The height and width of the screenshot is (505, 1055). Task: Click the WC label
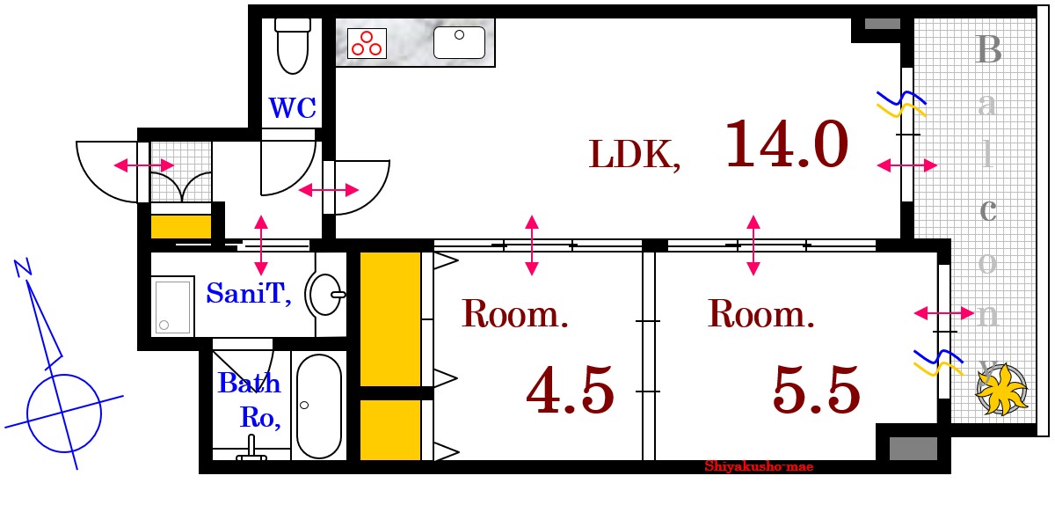292,108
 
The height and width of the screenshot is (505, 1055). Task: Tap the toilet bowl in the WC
293,47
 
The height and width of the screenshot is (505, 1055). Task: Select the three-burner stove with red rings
367,43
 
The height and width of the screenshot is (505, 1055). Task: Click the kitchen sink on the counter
459,42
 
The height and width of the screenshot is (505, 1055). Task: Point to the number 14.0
787,143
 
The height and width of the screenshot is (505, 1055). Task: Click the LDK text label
635,155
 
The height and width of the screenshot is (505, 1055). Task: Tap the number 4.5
570,390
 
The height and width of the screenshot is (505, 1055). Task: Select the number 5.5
816,390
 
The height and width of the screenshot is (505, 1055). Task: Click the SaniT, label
249,293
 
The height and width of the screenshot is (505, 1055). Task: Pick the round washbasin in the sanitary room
325,294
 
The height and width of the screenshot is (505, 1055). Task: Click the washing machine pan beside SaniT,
172,306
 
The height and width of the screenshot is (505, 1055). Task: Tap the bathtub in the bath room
319,406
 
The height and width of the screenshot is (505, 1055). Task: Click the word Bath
249,383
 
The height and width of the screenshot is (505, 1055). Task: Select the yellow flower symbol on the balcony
1002,390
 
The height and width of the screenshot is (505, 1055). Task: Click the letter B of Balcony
987,49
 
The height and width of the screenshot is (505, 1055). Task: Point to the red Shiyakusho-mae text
759,466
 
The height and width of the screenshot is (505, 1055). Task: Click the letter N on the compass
23,267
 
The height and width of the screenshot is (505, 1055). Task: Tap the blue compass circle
64,413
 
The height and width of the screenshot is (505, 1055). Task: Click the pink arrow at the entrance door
144,165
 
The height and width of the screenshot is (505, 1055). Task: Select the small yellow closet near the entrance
181,227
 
